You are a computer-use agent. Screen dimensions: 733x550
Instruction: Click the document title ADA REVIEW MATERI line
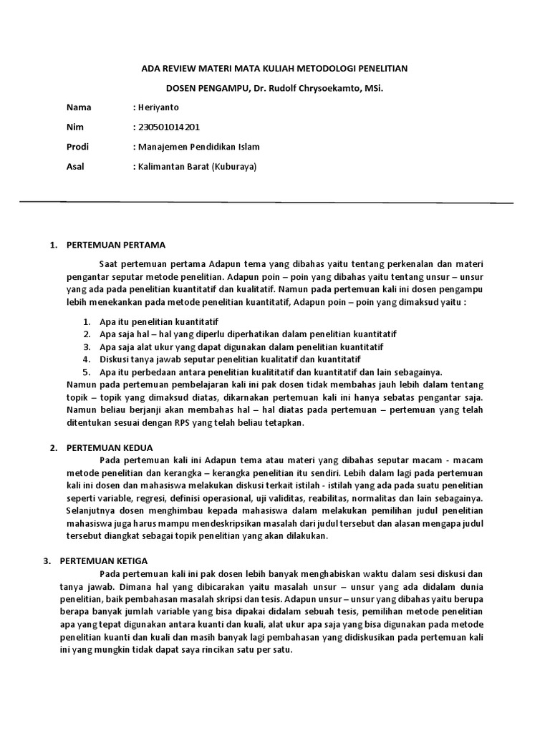point(274,69)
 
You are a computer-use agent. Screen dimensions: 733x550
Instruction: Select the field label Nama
point(79,107)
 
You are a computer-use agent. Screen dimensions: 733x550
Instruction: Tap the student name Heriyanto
point(160,107)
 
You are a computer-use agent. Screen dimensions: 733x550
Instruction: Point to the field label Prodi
point(78,147)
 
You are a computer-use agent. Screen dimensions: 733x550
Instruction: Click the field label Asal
point(77,166)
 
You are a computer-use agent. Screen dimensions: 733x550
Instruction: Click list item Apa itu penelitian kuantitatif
point(159,321)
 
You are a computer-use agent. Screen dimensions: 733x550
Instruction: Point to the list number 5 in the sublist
point(85,372)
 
